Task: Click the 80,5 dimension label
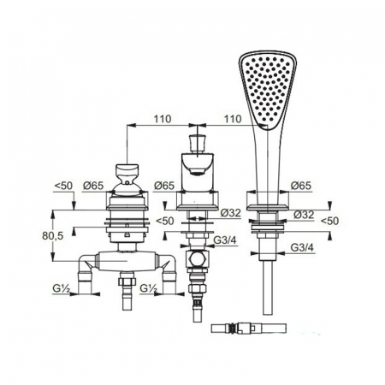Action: pyautogui.click(x=53, y=236)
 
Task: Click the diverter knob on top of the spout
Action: pyautogui.click(x=198, y=144)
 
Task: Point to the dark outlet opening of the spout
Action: pyautogui.click(x=198, y=170)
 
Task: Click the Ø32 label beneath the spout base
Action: pyautogui.click(x=231, y=213)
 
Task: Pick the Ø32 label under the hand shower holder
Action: pyautogui.click(x=304, y=215)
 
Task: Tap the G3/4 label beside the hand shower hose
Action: pyautogui.click(x=302, y=247)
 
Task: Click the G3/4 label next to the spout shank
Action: pyautogui.click(x=225, y=240)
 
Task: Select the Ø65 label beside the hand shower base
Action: pyautogui.click(x=301, y=186)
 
